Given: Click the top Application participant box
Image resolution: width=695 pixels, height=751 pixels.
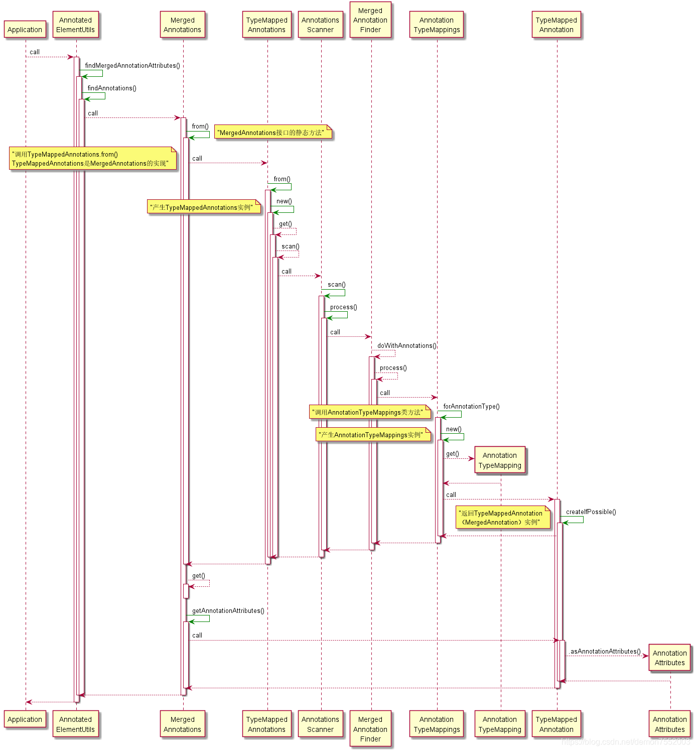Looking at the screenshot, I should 25,30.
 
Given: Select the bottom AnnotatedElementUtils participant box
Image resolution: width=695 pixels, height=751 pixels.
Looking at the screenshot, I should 75,724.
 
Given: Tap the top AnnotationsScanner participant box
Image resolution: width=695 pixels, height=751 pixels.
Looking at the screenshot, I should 320,25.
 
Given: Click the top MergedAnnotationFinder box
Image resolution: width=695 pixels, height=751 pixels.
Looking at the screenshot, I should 370,20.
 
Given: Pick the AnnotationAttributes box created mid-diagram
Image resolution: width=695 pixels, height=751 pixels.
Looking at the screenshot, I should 669,658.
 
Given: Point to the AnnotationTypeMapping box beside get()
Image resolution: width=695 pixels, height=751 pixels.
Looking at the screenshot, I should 500,460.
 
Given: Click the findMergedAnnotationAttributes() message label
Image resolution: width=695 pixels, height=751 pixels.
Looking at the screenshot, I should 132,66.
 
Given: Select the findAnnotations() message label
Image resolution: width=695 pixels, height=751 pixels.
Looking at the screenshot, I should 112,88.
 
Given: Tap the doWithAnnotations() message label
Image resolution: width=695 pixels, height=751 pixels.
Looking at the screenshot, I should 407,346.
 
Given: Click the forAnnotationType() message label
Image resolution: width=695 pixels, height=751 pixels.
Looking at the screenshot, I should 471,407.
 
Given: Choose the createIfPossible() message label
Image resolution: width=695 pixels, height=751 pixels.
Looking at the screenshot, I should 591,512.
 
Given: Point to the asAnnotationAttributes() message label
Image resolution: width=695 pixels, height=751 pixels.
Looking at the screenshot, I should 605,652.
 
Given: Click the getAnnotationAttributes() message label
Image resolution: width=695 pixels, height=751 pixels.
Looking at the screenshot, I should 228,611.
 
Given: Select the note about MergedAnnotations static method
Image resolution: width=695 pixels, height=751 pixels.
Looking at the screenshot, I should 273,133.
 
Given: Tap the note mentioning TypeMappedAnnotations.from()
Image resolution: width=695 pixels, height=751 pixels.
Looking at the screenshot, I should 93,159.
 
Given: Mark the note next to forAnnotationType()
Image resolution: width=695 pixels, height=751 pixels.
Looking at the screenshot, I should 370,412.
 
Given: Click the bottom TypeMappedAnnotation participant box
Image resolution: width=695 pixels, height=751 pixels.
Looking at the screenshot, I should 556,724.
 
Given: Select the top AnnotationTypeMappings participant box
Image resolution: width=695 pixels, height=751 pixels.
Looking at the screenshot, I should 437,25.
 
